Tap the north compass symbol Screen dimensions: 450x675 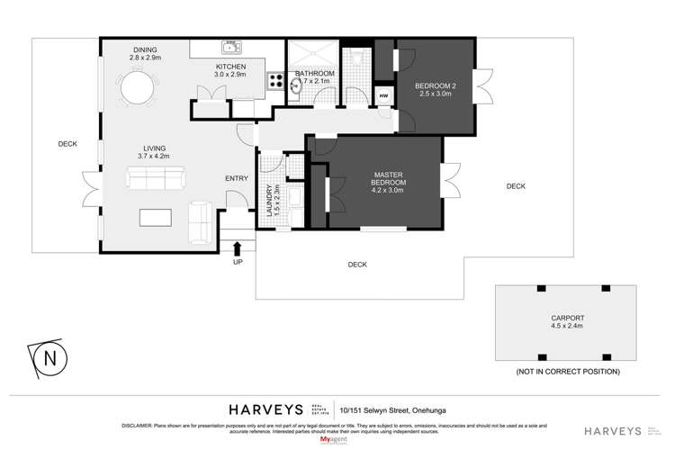pyautogui.click(x=49, y=358)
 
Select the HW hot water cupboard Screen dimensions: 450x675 pyautogui.click(x=384, y=96)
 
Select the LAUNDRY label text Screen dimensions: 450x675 pyautogui.click(x=268, y=201)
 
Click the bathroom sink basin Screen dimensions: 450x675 pyautogui.click(x=297, y=85)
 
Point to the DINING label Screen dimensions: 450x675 pyautogui.click(x=146, y=50)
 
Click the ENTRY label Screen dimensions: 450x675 pyautogui.click(x=236, y=178)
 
